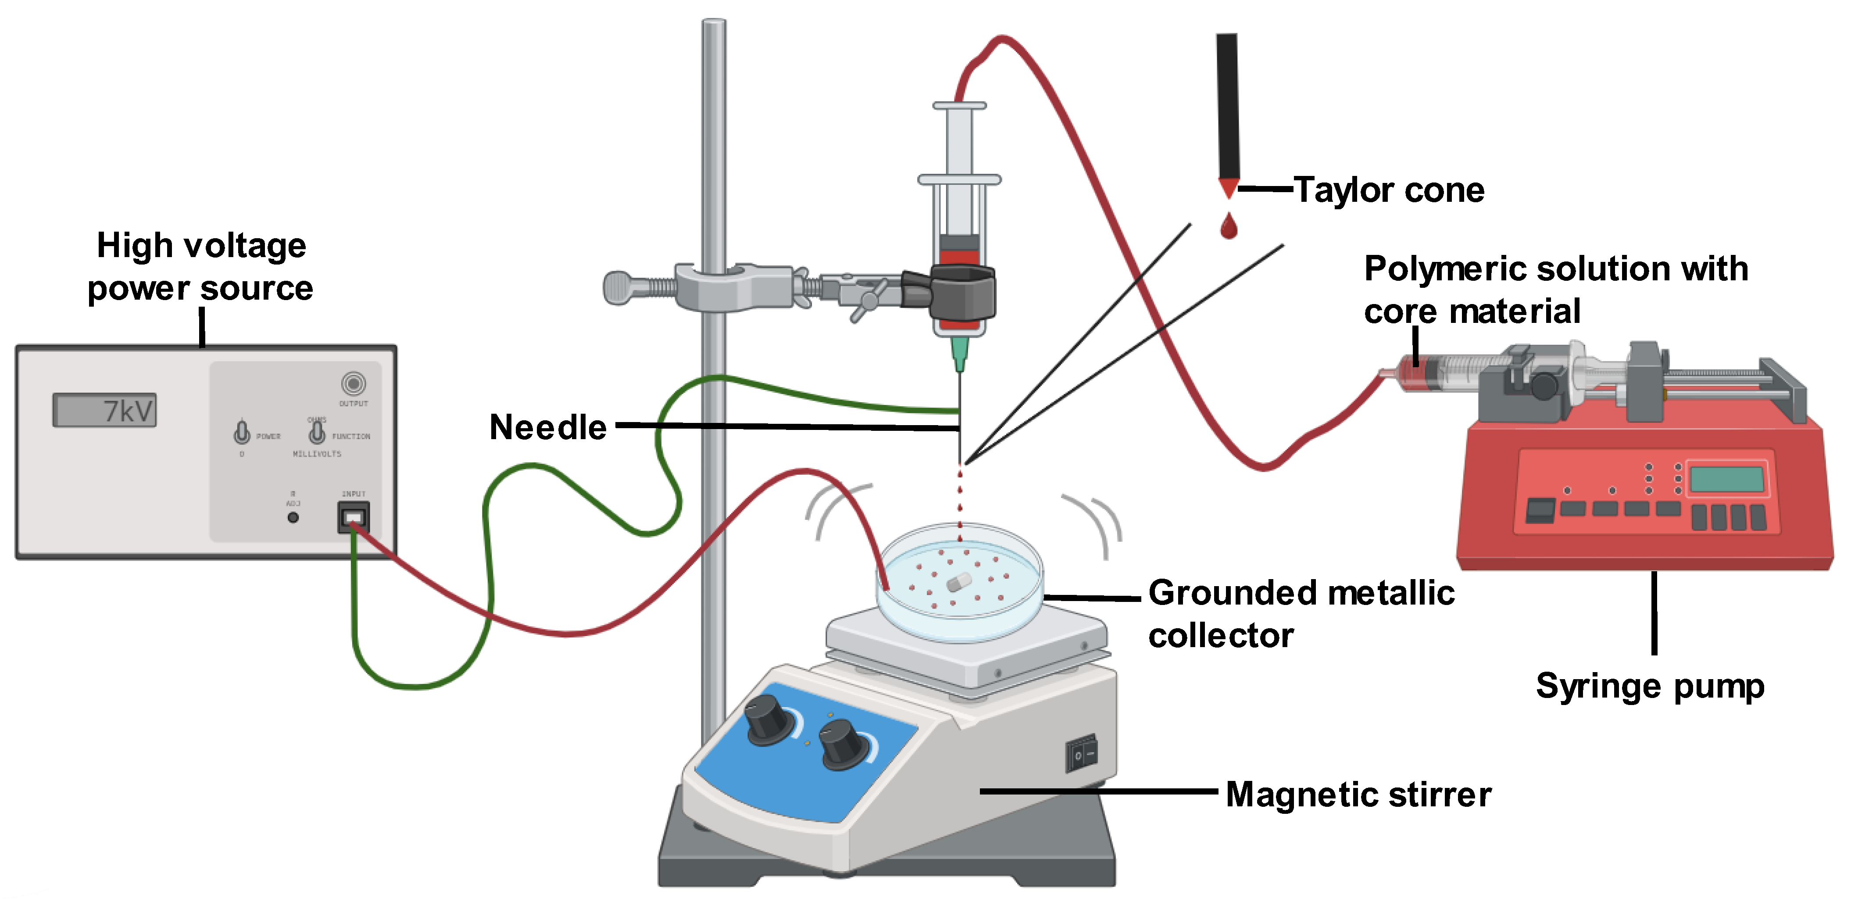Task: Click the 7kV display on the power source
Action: coord(104,410)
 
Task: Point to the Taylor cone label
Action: coord(1388,190)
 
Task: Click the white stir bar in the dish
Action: coord(958,581)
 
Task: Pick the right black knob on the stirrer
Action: coord(843,745)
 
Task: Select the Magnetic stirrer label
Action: coord(1358,795)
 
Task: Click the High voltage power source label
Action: coord(200,267)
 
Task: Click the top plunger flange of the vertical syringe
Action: coord(959,106)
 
